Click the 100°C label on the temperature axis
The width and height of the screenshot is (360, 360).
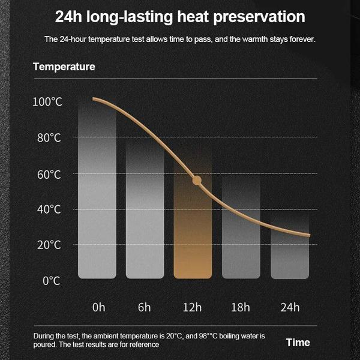(47, 102)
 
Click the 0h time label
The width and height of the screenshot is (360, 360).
(98, 307)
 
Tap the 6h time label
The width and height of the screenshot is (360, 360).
(145, 307)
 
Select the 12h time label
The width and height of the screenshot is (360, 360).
(192, 307)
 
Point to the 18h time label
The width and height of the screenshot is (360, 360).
(240, 307)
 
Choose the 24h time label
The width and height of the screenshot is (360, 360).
(289, 307)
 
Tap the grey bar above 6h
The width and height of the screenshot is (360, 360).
(145, 210)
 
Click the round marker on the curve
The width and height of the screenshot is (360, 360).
(197, 180)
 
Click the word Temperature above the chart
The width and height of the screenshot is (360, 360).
(64, 67)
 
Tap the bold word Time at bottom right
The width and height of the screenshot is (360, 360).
(298, 342)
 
